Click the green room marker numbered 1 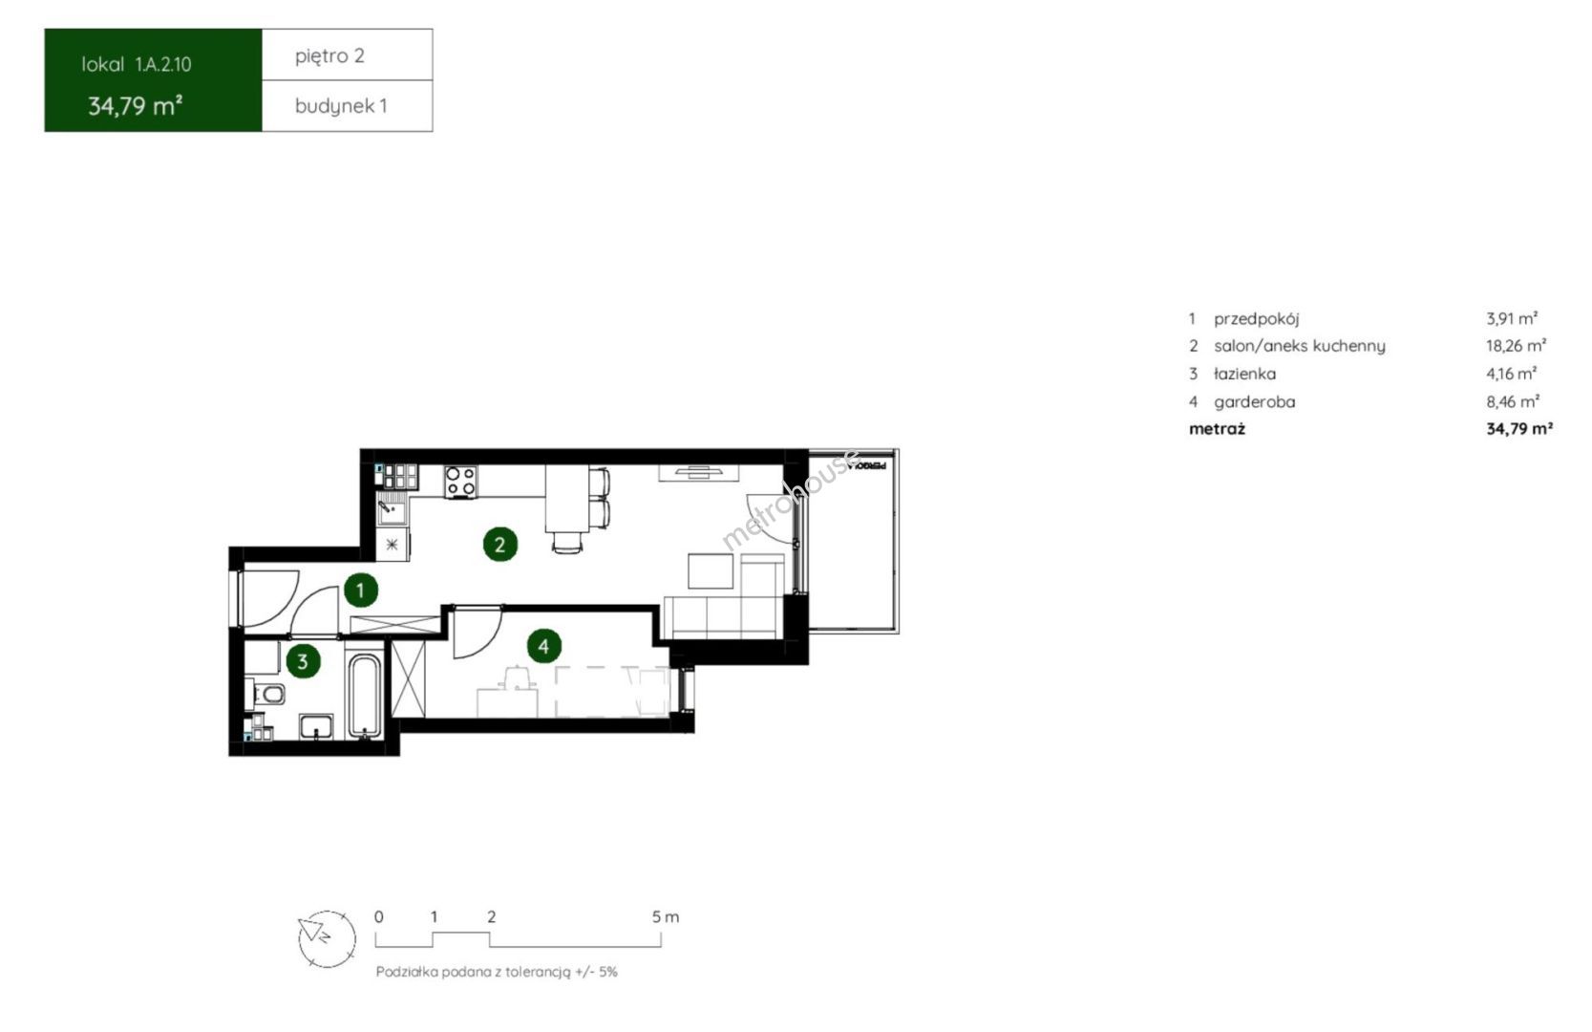(360, 591)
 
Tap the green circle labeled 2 (499, 545)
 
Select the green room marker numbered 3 (303, 661)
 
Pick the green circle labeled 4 (543, 647)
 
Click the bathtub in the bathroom (366, 695)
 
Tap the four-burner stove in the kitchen (460, 482)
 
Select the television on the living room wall (699, 471)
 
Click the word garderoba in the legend (1255, 402)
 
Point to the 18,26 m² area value (1516, 346)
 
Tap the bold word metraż (1217, 429)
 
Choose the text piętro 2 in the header (329, 55)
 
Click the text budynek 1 (341, 106)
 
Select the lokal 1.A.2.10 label (137, 65)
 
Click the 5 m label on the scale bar (666, 917)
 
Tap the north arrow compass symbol (327, 938)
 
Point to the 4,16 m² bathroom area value (1512, 374)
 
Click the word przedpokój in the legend (1257, 318)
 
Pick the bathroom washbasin (316, 727)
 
